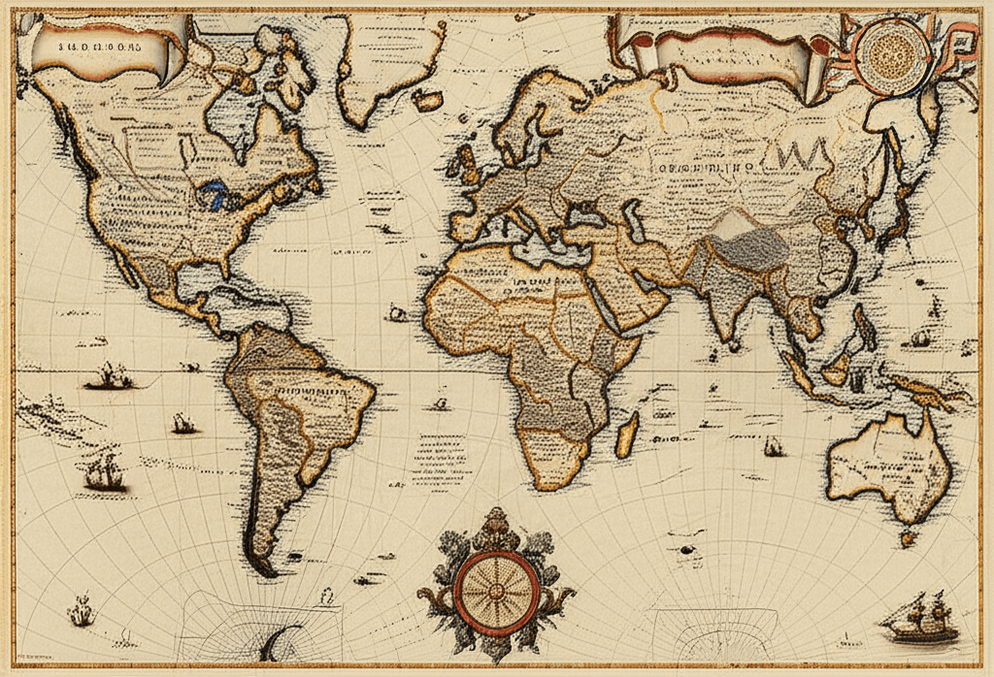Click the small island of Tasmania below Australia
909,534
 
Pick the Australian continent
888,466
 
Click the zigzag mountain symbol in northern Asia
801,153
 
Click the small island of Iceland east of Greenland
428,99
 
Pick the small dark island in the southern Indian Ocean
688,549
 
